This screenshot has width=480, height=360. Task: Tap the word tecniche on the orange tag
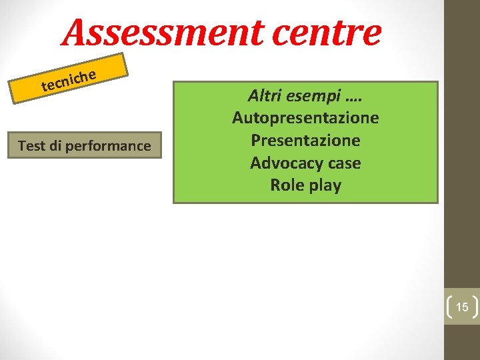pyautogui.click(x=70, y=79)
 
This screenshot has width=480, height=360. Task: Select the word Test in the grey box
pyautogui.click(x=31, y=145)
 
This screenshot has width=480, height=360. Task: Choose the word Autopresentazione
pyautogui.click(x=305, y=118)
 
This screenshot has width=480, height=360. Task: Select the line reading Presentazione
pyautogui.click(x=305, y=141)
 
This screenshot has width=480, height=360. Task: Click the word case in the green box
pyautogui.click(x=345, y=163)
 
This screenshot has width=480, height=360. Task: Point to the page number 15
pyautogui.click(x=462, y=307)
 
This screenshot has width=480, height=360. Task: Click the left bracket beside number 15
pyautogui.click(x=449, y=307)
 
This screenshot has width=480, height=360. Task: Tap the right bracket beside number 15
pyautogui.click(x=475, y=307)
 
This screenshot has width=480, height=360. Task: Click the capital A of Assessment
pyautogui.click(x=79, y=33)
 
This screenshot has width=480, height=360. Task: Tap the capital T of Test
pyautogui.click(x=22, y=145)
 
